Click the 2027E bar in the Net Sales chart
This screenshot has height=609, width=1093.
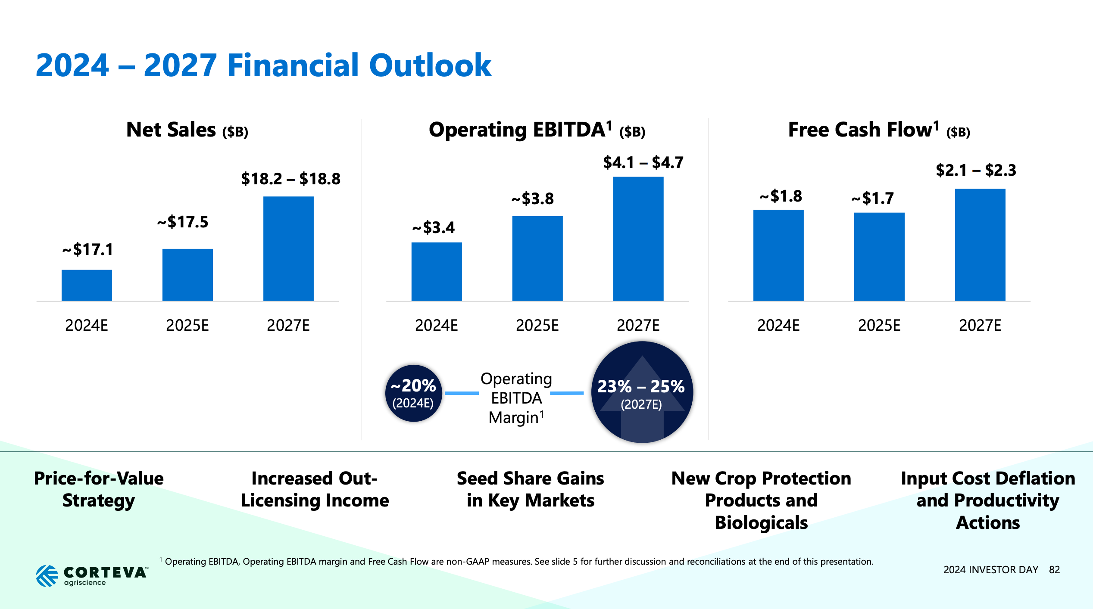point(288,249)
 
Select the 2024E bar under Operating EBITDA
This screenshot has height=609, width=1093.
point(436,271)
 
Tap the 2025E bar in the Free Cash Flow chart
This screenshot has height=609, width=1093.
point(879,257)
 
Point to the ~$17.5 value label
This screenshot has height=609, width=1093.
point(183,222)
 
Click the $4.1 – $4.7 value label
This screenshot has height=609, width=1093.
point(643,163)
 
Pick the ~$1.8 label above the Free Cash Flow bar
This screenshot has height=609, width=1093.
point(781,196)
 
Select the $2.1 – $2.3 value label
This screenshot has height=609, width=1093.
point(976,170)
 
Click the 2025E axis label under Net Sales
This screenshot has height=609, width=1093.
point(187,325)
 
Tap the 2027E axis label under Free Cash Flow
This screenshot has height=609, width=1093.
point(980,325)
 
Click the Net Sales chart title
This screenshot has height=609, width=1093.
point(187,130)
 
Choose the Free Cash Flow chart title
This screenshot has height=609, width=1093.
point(879,130)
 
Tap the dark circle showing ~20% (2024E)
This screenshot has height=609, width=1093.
point(413,393)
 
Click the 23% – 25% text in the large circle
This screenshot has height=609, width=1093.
point(641,386)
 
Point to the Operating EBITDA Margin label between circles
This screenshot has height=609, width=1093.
point(516,398)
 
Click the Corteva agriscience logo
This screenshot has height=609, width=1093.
point(92,575)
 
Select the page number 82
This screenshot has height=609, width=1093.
point(1054,570)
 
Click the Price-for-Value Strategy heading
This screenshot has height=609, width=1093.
point(99,489)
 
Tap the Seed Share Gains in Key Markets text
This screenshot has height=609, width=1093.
point(530,489)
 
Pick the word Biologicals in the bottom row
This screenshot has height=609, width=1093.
point(761,522)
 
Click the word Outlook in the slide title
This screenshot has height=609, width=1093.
point(430,65)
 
